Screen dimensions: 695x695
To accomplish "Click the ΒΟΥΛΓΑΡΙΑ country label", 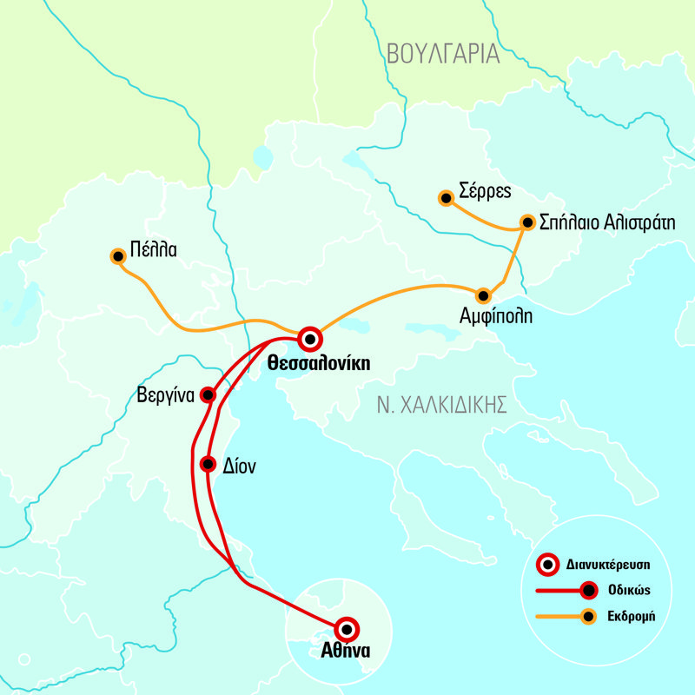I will coord(444,54).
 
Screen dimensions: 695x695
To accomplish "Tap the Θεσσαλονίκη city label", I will coord(319,363).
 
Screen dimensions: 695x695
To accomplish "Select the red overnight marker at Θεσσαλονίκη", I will coord(309,338).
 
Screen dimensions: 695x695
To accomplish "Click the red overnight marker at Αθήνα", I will coord(346,628).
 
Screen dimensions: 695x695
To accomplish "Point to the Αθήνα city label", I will coord(345,652).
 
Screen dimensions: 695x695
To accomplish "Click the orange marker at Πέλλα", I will coord(117,256).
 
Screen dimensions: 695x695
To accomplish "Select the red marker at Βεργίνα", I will coord(208,395).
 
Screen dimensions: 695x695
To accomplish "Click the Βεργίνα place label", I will coord(165,393).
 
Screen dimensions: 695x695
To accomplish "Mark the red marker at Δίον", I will coord(207,464).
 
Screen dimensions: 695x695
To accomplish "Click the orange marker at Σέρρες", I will coord(446,199).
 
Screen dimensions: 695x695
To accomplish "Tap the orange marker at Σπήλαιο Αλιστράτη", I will coord(526,222).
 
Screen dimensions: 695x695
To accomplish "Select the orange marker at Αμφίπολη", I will coord(483,295).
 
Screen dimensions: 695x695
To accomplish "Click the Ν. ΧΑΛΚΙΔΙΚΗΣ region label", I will coord(442,404).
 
